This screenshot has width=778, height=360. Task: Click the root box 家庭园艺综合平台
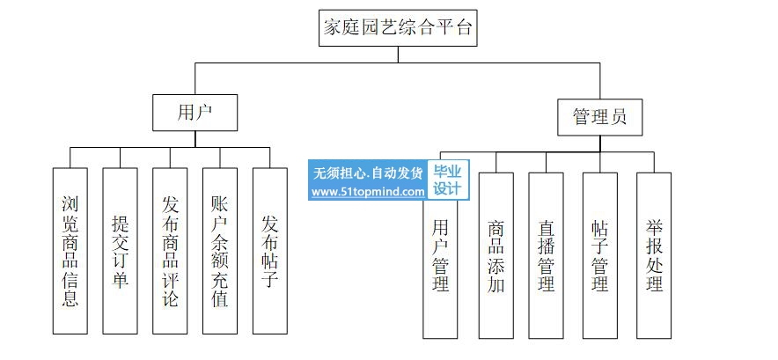coord(398,27)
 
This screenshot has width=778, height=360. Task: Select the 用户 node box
coord(195,112)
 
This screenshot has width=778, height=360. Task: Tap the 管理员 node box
coord(600,117)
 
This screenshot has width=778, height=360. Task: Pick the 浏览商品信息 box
coord(70,251)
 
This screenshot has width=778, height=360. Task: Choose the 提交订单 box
coord(121,251)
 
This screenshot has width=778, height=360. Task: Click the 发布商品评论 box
coord(171,251)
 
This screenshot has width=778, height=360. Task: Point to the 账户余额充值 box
coord(220,251)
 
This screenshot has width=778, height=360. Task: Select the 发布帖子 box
coord(270,251)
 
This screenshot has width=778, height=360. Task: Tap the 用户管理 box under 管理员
coord(441,264)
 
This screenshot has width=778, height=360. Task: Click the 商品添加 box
coord(495,255)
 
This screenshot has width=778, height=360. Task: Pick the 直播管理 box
coord(546,255)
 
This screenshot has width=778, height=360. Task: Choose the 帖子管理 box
coord(600,255)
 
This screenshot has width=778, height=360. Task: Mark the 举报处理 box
coord(654,255)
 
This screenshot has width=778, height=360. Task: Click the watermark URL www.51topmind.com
coord(368,191)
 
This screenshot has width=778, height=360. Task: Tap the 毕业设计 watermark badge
coord(448,180)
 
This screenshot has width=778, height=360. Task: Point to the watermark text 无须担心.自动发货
coord(368,173)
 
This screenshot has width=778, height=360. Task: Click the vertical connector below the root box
coord(398,54)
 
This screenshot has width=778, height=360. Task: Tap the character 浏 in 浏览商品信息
coord(70,204)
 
